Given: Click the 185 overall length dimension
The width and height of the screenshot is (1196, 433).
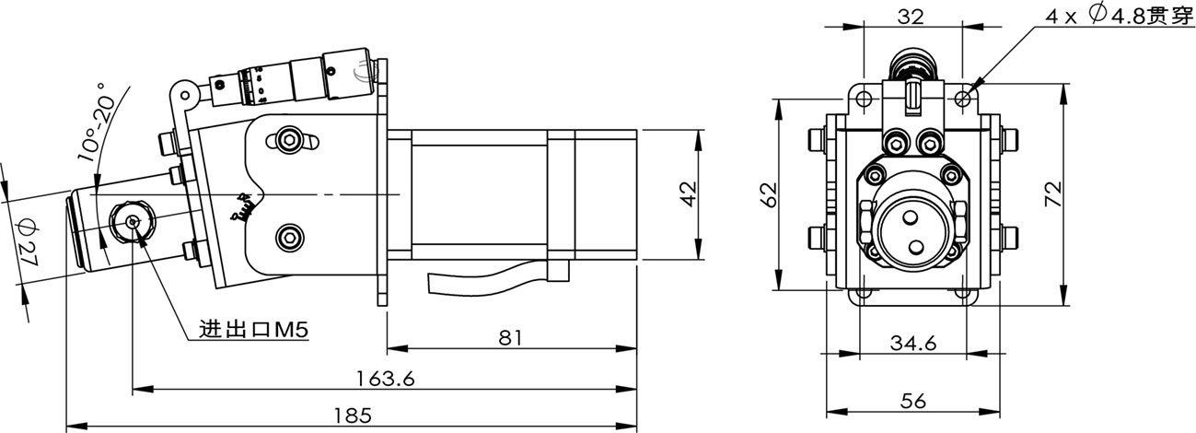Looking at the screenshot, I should [353, 415].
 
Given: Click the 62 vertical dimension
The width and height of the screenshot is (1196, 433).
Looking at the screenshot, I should [770, 193].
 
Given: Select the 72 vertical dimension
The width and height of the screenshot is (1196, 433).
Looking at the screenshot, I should [1054, 193].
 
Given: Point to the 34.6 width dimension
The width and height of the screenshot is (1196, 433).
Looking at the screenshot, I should [912, 343].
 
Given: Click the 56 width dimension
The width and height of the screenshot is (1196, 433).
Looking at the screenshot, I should [912, 401].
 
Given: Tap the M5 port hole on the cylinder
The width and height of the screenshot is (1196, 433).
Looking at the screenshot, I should [134, 221].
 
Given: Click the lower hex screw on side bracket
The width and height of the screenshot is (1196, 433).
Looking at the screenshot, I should [291, 237].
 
